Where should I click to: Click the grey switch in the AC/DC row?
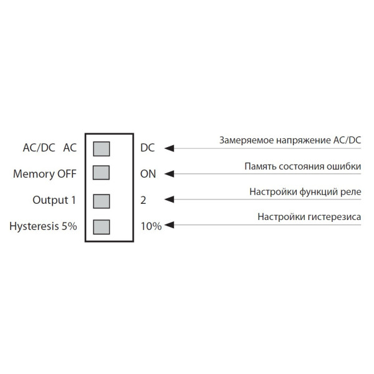(101, 148)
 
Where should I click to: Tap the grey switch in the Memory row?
(101, 173)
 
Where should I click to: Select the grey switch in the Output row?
(101, 200)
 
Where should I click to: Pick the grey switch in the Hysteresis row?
(101, 226)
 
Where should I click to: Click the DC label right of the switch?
(148, 148)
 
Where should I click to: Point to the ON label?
(148, 174)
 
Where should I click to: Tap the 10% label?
(151, 226)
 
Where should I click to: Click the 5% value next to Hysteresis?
(69, 226)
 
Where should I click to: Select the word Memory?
(34, 174)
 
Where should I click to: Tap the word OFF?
(67, 174)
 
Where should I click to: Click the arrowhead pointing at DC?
(168, 148)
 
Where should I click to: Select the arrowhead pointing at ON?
(168, 174)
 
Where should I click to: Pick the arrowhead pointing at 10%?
(168, 226)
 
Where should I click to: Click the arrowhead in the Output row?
(168, 200)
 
